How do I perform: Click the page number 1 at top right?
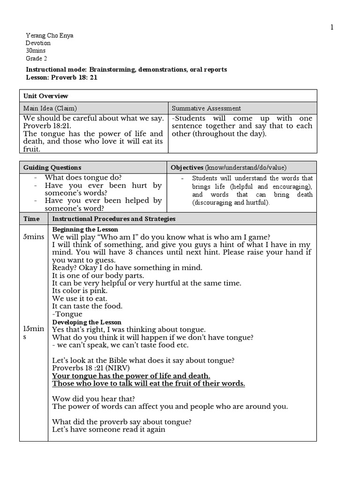[332, 27]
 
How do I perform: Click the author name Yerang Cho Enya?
[49, 36]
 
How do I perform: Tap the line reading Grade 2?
[36, 58]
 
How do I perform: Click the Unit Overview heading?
[45, 96]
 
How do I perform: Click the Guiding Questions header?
[52, 167]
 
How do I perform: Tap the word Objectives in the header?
[187, 167]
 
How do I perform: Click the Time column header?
[31, 218]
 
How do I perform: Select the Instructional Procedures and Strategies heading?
[113, 218]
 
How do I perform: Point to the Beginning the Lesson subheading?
[85, 230]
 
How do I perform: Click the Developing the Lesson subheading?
[86, 322]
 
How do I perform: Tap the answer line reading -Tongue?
[67, 314]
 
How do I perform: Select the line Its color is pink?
[80, 291]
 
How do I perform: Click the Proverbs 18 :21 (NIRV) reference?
[90, 368]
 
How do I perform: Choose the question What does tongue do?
[83, 178]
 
